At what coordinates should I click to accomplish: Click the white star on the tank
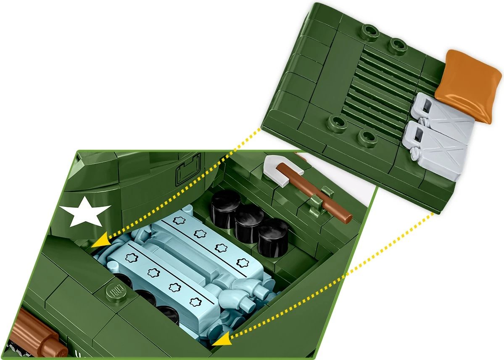coord(85,215)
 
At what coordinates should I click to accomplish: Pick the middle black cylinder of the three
coord(249,221)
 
